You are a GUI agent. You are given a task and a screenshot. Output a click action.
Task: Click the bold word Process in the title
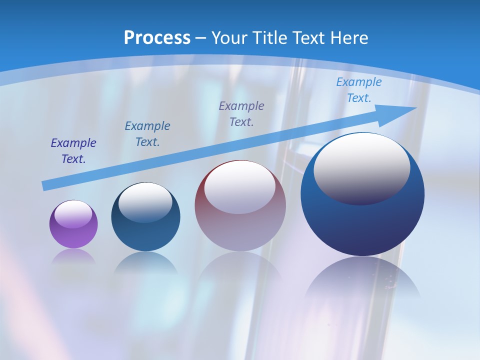pyautogui.click(x=157, y=38)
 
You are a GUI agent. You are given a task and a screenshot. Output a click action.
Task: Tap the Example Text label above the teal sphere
pyautogui.click(x=147, y=134)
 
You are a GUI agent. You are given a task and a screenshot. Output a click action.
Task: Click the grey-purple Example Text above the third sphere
pyautogui.click(x=241, y=113)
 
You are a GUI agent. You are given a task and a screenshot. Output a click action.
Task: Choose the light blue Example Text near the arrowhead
pyautogui.click(x=359, y=90)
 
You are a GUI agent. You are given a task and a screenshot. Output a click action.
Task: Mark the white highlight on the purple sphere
pyautogui.click(x=73, y=214)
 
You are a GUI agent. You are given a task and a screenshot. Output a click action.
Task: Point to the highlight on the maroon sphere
pyautogui.click(x=240, y=187)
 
